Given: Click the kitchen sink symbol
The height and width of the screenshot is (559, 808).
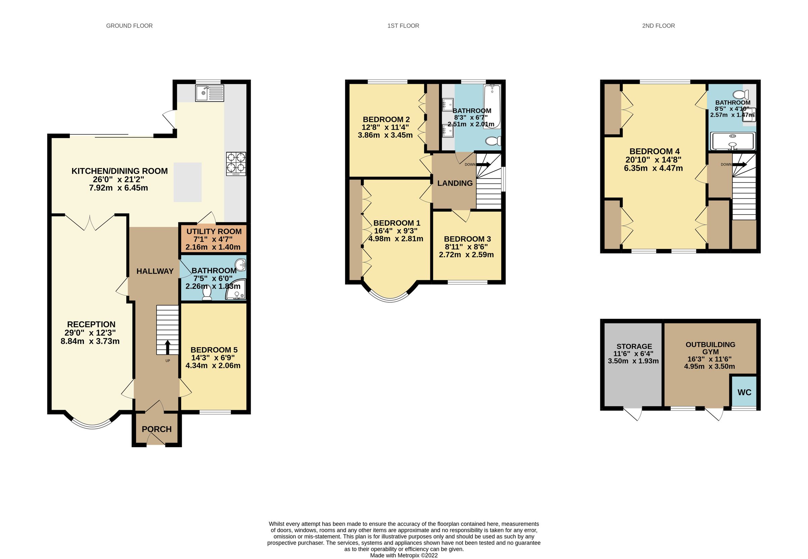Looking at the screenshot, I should point(209,94).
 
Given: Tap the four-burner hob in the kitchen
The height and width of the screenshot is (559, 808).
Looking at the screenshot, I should point(236,164).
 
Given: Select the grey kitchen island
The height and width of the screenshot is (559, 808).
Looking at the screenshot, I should point(187,182).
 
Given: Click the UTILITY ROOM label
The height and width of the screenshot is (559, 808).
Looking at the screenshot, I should point(214,232).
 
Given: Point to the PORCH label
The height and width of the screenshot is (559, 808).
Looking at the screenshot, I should point(157,429).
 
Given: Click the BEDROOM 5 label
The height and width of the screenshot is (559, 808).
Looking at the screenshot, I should point(214,350).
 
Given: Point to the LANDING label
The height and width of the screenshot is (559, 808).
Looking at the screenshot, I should point(455,183).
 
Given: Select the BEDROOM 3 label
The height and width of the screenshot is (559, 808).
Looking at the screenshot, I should point(467,239).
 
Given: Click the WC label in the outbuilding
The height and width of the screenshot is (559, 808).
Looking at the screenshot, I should point(744,392).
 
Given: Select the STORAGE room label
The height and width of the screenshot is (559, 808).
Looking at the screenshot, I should point(634,347).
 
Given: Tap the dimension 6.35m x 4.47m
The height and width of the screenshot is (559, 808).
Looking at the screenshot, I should point(653,168).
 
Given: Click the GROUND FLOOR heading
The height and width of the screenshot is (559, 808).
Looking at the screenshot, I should point(129,26).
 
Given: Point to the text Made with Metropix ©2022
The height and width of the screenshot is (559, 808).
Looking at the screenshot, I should point(404,555).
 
